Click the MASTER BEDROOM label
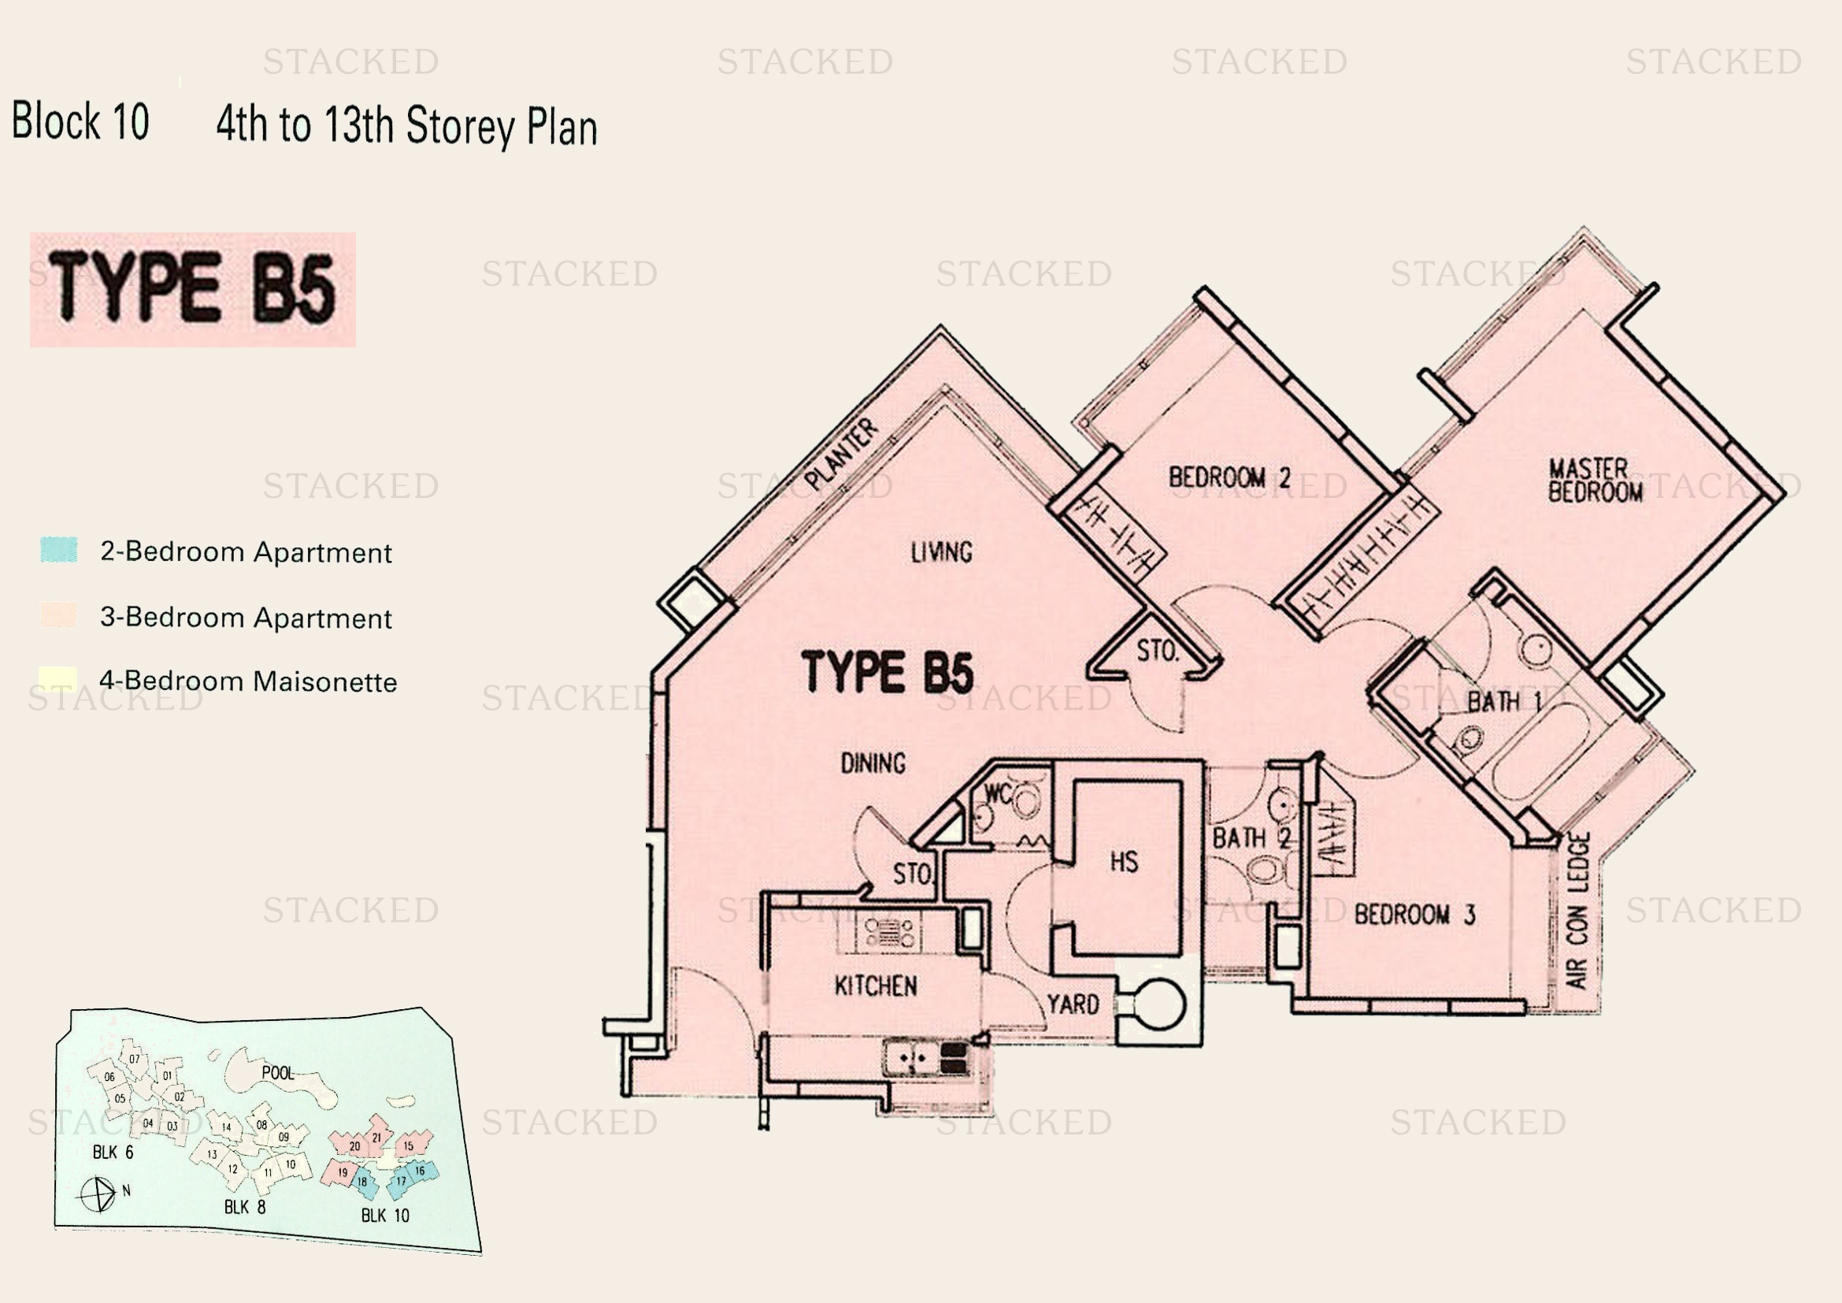pos(1594,480)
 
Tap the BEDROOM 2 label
pos(1229,477)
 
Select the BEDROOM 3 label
pos(1414,915)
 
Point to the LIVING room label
pos(941,552)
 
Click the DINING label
pos(873,763)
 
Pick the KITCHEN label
pos(875,986)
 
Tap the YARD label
pos(1073,1004)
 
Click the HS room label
pos(1124,862)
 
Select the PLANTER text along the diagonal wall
pos(842,454)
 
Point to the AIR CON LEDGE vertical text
pos(1577,911)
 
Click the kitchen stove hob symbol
pos(889,933)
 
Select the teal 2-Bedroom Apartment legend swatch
pos(58,551)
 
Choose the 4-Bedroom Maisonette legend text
pos(248,681)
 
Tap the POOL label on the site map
pos(277,1073)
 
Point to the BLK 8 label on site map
pos(245,1208)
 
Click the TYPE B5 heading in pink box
pos(192,288)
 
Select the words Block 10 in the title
pos(80,121)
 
